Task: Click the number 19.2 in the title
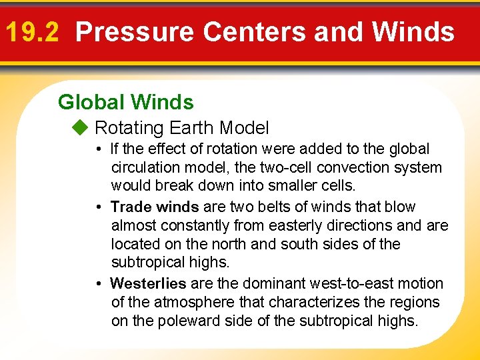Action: pos(33,31)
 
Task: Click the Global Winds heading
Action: pos(126,102)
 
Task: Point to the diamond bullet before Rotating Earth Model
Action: pos(81,127)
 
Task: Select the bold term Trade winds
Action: pos(155,207)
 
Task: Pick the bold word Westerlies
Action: pos(148,283)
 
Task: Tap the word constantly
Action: pos(190,225)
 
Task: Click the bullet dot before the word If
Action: pos(97,149)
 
